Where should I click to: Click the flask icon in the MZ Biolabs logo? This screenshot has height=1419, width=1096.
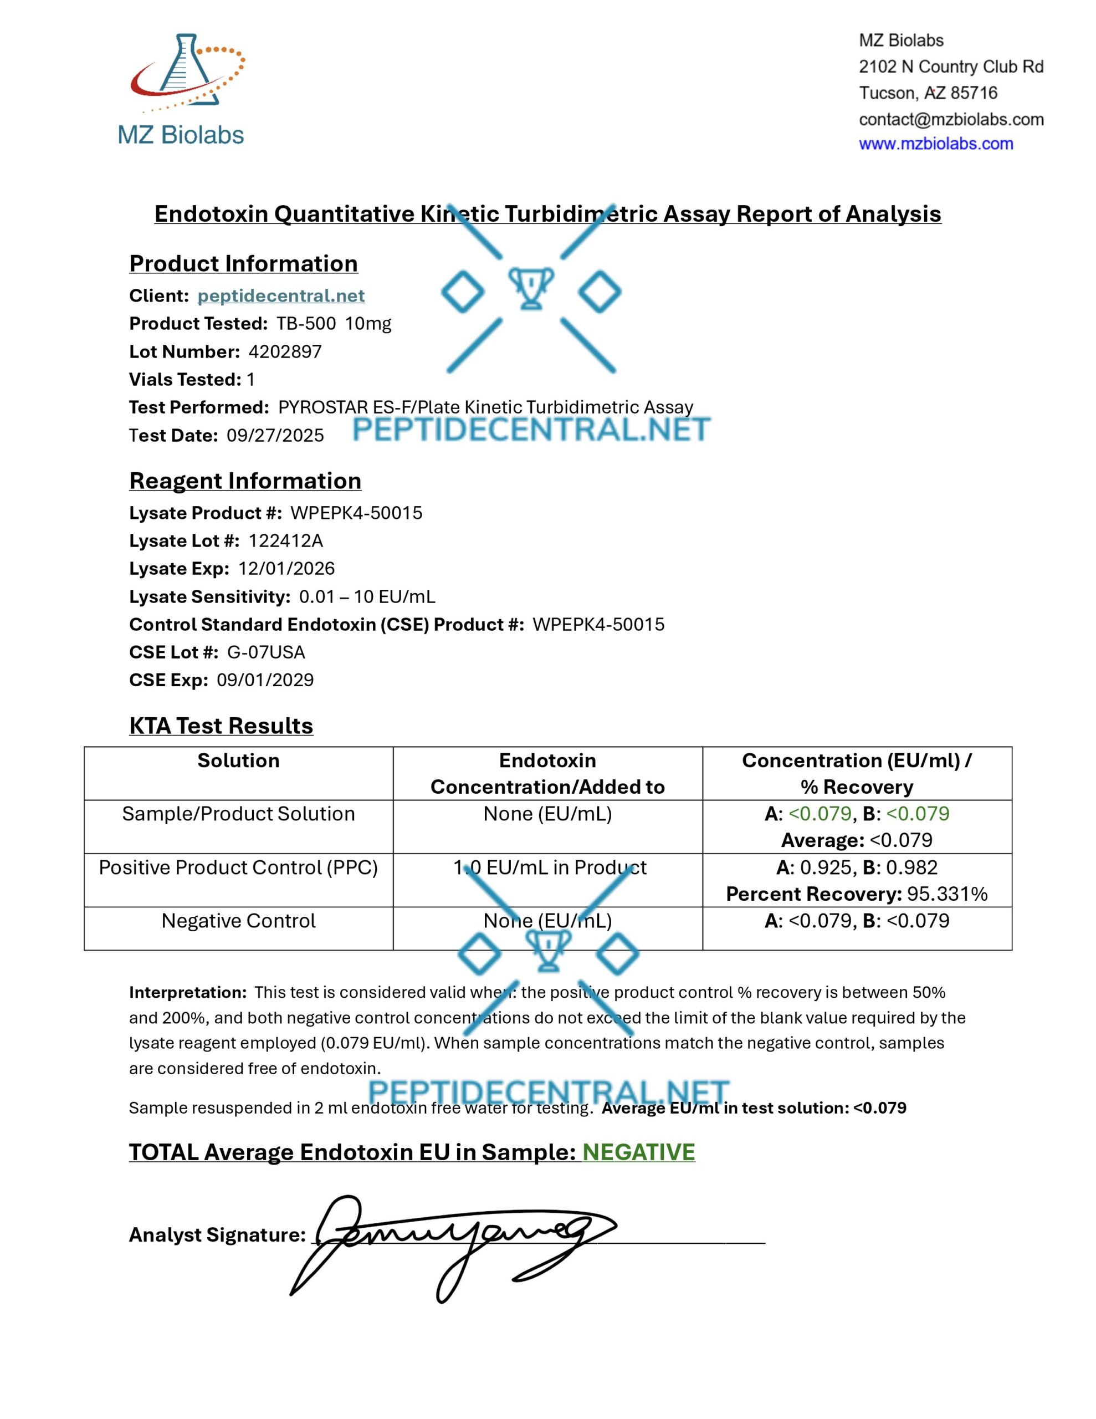point(184,65)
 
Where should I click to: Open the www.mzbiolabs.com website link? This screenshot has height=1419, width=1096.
point(935,144)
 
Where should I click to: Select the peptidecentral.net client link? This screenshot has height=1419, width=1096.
point(281,295)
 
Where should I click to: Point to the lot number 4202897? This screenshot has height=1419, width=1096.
point(285,351)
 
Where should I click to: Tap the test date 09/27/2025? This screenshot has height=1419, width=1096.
point(275,435)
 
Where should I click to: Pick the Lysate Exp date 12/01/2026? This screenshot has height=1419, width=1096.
point(286,569)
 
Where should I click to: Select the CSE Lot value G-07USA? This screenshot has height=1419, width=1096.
point(266,652)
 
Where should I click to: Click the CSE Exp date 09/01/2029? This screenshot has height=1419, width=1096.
point(265,680)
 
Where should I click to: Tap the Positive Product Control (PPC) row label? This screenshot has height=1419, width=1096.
point(238,867)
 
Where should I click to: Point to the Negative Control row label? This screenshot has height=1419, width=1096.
point(238,921)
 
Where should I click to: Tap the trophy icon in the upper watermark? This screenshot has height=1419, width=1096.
point(531,288)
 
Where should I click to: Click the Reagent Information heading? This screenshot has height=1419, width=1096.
point(245,481)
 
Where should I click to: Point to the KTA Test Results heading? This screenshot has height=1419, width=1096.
point(221,726)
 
